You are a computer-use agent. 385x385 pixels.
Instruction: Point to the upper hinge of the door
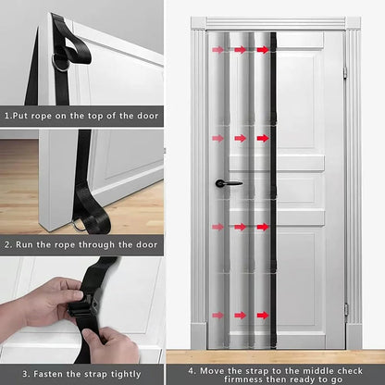(343, 71)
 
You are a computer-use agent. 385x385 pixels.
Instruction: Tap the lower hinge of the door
(344, 309)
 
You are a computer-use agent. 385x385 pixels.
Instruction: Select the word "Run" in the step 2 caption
(27, 245)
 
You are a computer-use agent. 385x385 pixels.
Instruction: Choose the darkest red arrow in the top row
(263, 50)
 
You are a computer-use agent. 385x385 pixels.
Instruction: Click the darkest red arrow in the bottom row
(263, 315)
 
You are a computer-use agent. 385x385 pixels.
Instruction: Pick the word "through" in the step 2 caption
(101, 245)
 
